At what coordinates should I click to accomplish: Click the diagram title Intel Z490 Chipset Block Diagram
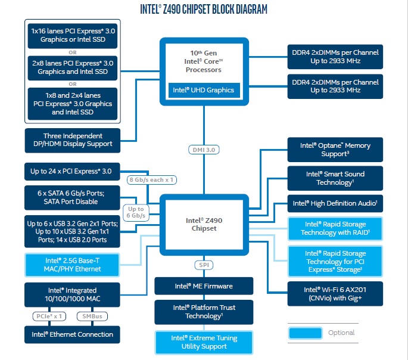click(x=203, y=9)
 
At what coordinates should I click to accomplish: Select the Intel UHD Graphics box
click(x=204, y=91)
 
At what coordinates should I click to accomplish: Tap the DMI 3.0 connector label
click(x=203, y=150)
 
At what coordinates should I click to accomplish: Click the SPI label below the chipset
click(x=203, y=265)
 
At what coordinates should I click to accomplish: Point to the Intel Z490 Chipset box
click(x=204, y=224)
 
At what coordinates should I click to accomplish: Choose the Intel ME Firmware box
click(x=203, y=286)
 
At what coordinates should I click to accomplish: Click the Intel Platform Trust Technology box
click(x=203, y=312)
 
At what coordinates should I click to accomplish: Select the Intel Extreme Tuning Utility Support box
click(x=203, y=342)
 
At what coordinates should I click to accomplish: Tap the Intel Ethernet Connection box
click(x=72, y=334)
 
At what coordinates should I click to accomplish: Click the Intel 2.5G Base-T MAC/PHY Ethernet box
click(x=72, y=265)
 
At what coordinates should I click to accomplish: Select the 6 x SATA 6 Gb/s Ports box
click(x=72, y=197)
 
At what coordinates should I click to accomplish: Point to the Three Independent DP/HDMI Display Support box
click(x=72, y=140)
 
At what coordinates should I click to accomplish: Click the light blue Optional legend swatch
click(x=305, y=333)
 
